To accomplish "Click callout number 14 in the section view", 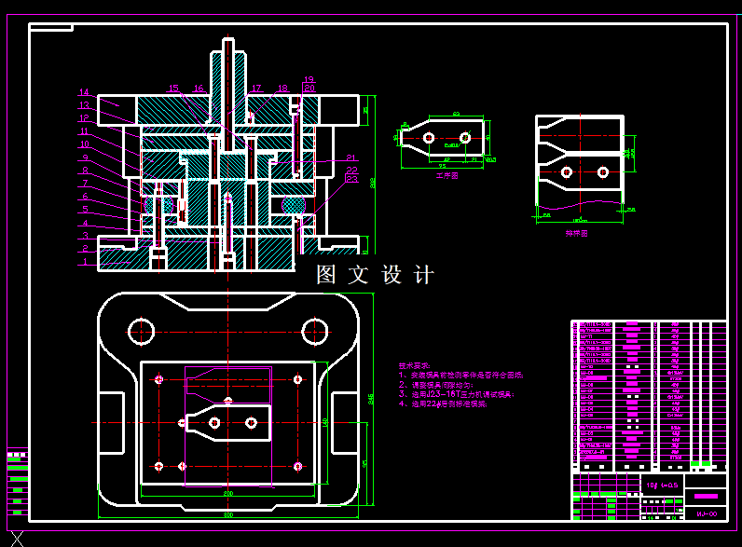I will click(x=83, y=92).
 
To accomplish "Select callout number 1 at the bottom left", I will click(x=83, y=262).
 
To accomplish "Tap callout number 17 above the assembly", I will click(x=256, y=89).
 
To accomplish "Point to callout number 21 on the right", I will click(x=351, y=157).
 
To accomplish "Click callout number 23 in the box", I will click(x=351, y=177).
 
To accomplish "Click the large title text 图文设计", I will click(x=375, y=275).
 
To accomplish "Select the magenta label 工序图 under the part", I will click(x=447, y=174).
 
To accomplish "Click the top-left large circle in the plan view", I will click(x=142, y=330).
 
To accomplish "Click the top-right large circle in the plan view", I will click(x=315, y=330).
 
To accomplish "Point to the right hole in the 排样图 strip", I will click(x=603, y=171).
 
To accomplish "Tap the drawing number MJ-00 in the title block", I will click(x=707, y=513).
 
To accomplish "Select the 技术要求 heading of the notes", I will click(x=415, y=365).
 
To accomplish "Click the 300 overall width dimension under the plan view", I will click(x=227, y=514).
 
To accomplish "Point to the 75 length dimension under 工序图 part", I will click(x=442, y=166).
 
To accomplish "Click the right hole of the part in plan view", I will click(x=251, y=422).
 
